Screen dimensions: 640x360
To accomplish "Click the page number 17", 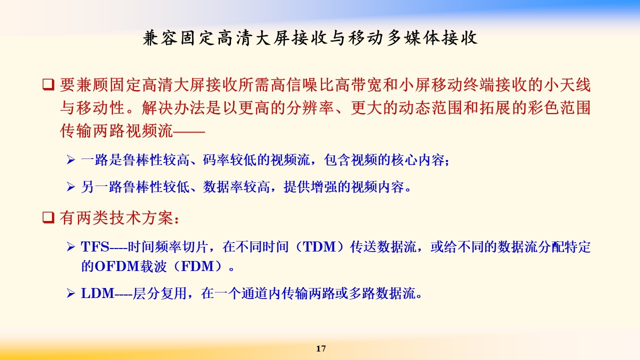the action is (x=321, y=348).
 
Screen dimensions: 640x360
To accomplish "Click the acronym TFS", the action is (x=95, y=247).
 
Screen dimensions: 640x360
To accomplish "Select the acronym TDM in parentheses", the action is (x=319, y=247).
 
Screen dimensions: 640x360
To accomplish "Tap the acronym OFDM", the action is (x=116, y=266).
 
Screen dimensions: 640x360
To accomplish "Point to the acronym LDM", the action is (x=97, y=293).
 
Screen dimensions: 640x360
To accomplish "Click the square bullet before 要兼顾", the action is (x=48, y=84).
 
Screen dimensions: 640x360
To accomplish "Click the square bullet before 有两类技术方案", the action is (x=48, y=217).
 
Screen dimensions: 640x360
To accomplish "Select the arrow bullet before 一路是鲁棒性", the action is (x=71, y=159).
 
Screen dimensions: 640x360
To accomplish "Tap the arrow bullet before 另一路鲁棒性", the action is (x=71, y=187).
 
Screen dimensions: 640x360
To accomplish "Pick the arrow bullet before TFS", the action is (x=71, y=246).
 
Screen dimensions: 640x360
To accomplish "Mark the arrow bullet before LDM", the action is (x=71, y=293).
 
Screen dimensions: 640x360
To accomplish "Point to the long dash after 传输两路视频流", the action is (x=189, y=131).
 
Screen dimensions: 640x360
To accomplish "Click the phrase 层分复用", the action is (x=159, y=293).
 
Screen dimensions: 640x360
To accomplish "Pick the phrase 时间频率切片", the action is (x=167, y=247).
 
